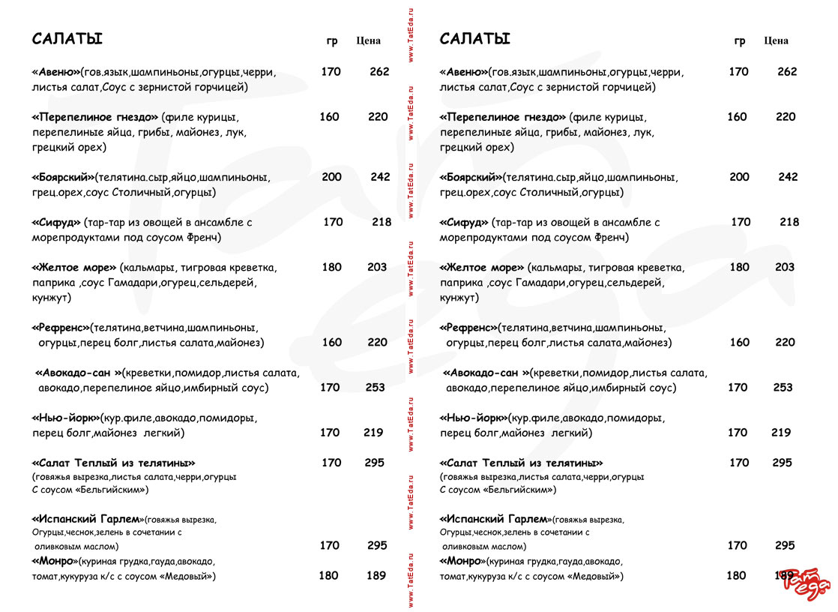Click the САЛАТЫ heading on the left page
[67, 39]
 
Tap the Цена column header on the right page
[776, 40]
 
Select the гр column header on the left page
[332, 41]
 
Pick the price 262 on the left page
[379, 72]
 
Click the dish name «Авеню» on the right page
[464, 73]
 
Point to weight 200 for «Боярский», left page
[331, 177]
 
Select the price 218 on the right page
[789, 222]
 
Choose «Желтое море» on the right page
[482, 268]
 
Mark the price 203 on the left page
[377, 267]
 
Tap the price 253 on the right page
[783, 388]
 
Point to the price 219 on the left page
[373, 433]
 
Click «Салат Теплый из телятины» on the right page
[521, 463]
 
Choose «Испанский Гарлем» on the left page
[87, 519]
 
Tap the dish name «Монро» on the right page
[462, 561]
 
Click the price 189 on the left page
[376, 575]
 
